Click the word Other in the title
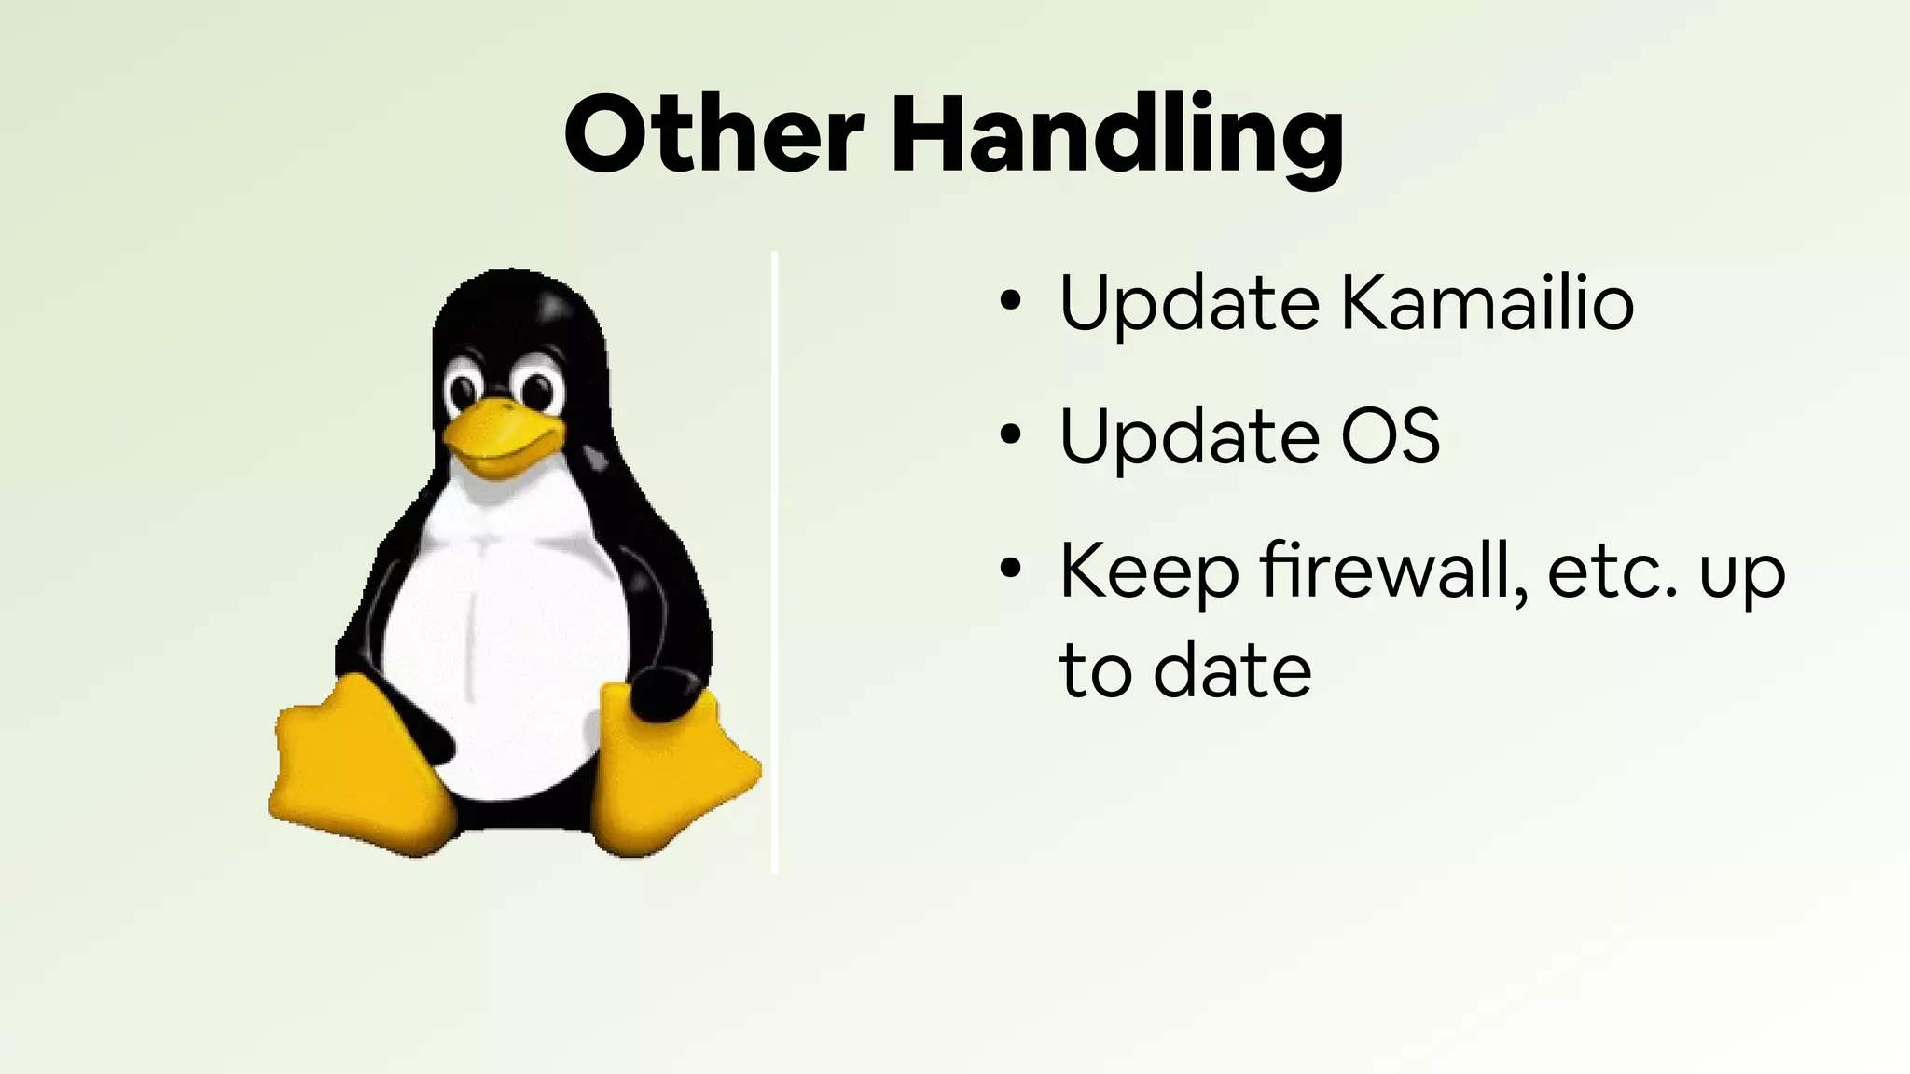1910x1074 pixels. [x=713, y=135]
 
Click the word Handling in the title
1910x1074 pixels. [x=1117, y=137]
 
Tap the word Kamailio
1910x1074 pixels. [x=1487, y=303]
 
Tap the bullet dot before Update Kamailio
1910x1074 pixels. [x=1009, y=302]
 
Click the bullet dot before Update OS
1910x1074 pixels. [x=1009, y=435]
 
